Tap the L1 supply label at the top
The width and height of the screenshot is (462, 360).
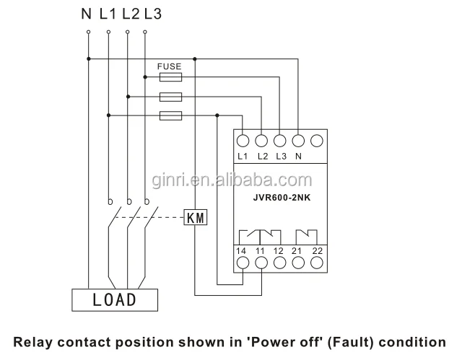(109, 13)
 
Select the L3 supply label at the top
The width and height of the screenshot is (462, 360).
(152, 13)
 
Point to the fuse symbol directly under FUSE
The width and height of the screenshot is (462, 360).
(170, 74)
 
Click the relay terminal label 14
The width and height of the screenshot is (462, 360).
(243, 250)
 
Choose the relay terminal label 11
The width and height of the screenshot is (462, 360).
(261, 250)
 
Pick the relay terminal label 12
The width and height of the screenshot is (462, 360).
(279, 250)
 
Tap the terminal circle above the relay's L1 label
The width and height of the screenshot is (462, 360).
(243, 141)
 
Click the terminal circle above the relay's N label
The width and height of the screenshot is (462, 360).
(298, 141)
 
